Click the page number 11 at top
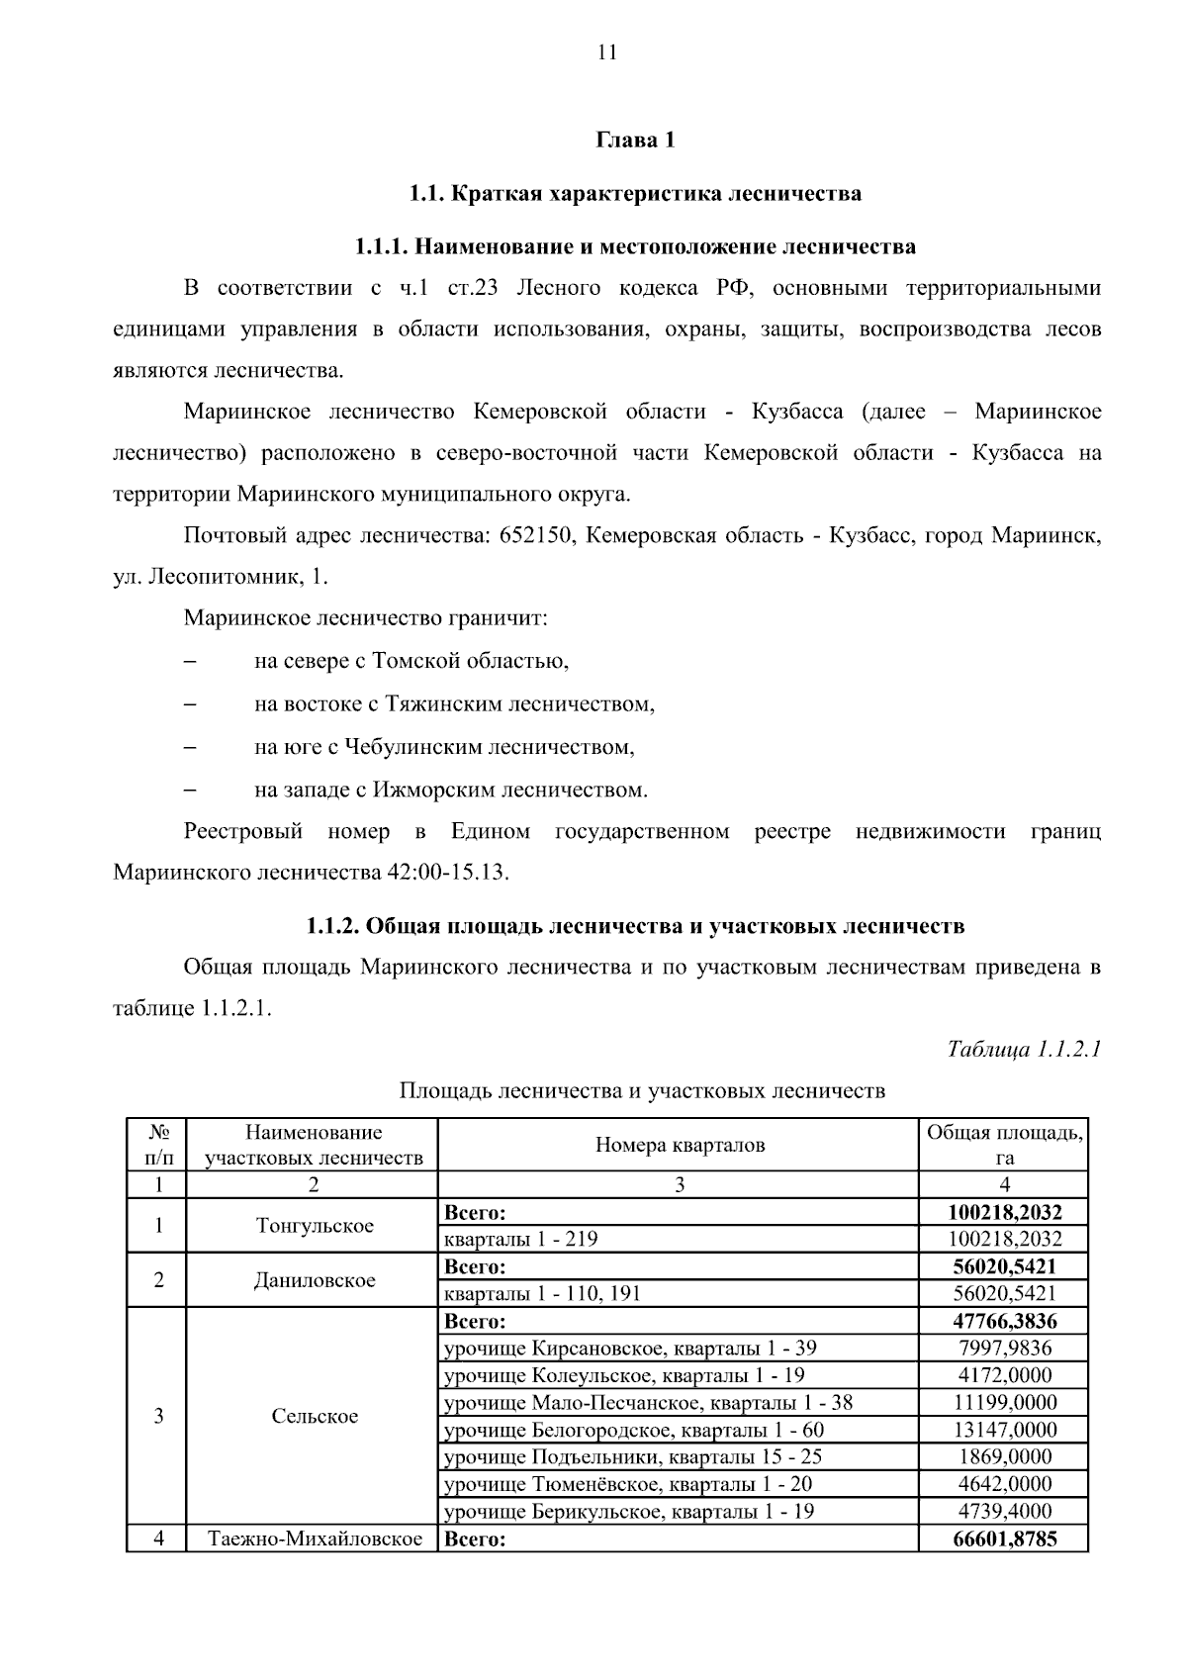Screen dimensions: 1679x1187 coord(606,53)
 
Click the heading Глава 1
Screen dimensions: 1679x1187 coord(635,140)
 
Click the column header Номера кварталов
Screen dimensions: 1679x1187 coord(680,1145)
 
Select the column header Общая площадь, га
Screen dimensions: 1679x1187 coord(1004,1145)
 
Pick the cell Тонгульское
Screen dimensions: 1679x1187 coord(315,1226)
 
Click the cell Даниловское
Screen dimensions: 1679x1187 coord(315,1280)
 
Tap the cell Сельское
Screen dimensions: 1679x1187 coord(315,1416)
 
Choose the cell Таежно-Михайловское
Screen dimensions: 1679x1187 coord(315,1539)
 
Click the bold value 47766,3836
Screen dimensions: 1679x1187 coord(1004,1321)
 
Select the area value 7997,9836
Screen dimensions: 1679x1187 coord(1004,1348)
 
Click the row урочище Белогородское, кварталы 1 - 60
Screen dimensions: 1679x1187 coord(634,1430)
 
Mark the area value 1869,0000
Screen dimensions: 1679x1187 coord(1004,1456)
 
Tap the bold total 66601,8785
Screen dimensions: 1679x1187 coord(1004,1539)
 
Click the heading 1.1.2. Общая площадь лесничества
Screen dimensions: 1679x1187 coord(634,926)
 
